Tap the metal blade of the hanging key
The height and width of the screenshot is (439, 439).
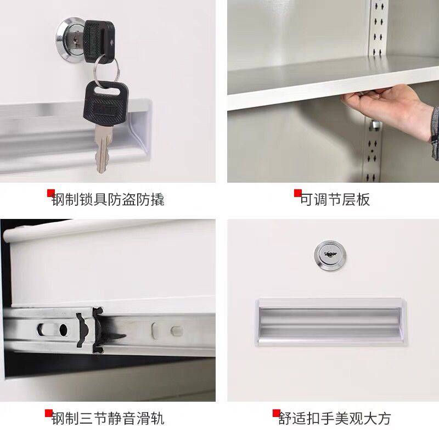tap(103, 148)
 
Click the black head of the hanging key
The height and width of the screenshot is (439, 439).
tap(106, 103)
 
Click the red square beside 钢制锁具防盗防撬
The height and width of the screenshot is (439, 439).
tap(50, 193)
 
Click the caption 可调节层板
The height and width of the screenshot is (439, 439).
tap(335, 200)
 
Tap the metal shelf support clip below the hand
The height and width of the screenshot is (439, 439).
tap(375, 125)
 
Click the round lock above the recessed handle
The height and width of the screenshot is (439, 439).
tap(330, 255)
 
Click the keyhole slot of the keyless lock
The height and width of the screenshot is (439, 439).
tap(330, 254)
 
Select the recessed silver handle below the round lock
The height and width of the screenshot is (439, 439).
tap(331, 322)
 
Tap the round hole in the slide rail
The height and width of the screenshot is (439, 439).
tap(63, 330)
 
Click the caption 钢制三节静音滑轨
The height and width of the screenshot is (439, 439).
tap(108, 419)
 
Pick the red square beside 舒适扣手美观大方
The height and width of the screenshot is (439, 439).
tap(277, 413)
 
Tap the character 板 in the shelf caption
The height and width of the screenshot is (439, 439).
tap(363, 200)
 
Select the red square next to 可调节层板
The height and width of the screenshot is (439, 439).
tap(297, 193)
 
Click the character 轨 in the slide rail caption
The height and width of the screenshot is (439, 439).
tap(157, 419)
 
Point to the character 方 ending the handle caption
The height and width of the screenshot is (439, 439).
tap(384, 419)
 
